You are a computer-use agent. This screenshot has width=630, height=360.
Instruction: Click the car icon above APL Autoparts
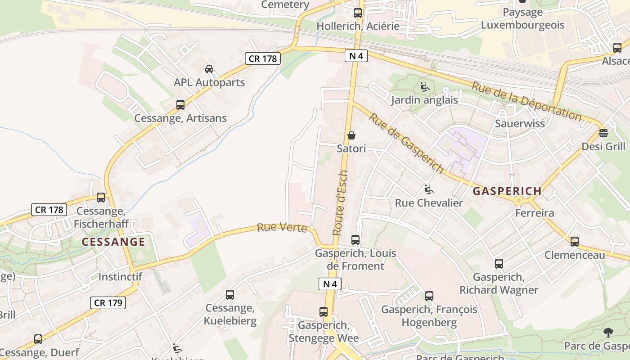tap(209, 69)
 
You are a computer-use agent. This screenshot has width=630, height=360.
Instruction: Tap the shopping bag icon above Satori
tap(351, 135)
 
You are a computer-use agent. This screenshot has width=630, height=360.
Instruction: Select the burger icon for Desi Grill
tap(603, 133)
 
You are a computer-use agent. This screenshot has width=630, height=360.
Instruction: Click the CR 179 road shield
tap(108, 303)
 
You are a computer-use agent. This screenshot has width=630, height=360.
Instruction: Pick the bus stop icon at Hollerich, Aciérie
tap(358, 13)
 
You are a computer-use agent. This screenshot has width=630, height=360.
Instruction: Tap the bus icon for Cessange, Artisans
tap(180, 105)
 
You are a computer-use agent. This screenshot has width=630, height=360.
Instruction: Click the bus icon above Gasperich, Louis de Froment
tap(355, 240)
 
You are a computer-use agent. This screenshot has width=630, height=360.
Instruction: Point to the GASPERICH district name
tap(507, 191)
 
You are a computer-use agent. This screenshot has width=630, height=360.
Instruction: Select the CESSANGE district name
tap(113, 242)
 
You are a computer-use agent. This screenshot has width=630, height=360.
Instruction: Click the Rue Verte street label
tap(282, 228)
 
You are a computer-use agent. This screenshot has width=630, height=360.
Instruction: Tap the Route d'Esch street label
tap(340, 202)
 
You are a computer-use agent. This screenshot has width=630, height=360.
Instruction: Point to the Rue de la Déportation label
tap(526, 100)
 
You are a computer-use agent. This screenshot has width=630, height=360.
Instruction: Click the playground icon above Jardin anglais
tap(424, 87)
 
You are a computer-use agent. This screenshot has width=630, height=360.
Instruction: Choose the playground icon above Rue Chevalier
tap(429, 189)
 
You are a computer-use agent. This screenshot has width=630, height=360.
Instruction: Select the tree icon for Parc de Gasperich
tap(608, 333)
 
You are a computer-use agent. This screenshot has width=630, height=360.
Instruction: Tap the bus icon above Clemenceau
tap(575, 242)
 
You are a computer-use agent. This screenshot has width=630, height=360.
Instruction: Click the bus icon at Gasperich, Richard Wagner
tap(499, 264)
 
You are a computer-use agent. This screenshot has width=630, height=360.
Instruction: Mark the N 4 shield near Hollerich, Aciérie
tap(356, 56)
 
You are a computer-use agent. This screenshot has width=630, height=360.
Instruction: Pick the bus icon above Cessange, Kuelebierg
tap(230, 295)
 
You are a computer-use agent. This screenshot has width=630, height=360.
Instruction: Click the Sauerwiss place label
tap(520, 123)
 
